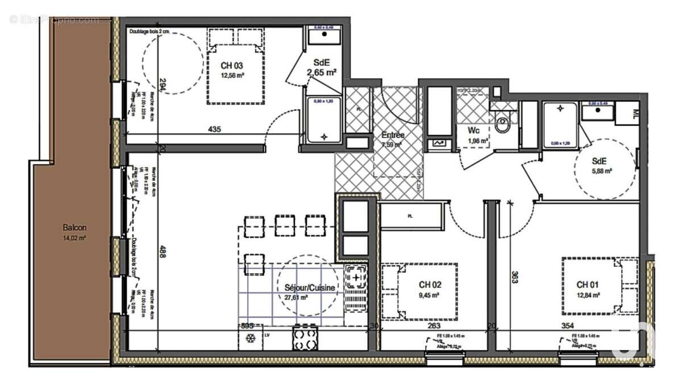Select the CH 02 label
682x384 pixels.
430,284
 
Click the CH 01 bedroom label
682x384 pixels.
588,284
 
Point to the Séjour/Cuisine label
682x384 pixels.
310,288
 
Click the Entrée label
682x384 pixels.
393,135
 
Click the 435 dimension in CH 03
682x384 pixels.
214,130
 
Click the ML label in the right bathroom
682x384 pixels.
635,112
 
